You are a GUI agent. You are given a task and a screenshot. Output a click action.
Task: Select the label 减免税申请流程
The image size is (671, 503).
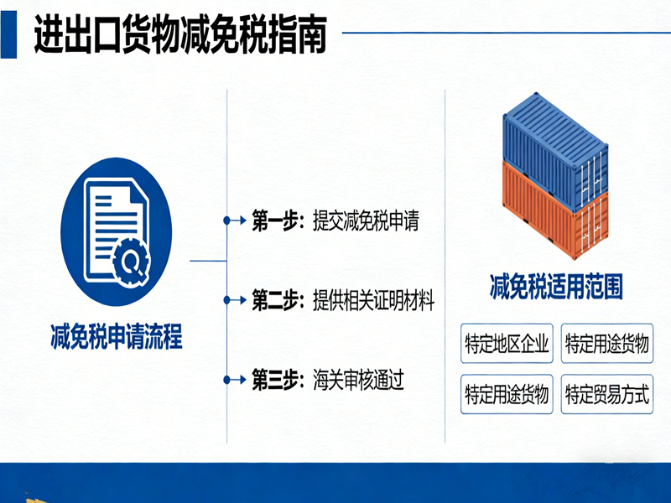(x=116, y=339)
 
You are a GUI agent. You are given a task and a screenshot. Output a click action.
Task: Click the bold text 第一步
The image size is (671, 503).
(x=274, y=221)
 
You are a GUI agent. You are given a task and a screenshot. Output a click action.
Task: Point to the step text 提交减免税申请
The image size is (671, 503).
(x=364, y=221)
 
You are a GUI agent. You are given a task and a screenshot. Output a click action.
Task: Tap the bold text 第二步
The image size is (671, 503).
(x=274, y=300)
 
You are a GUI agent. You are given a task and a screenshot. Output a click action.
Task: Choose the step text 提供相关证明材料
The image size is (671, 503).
(x=373, y=300)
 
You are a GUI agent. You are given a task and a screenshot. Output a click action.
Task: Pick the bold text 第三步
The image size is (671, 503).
(x=274, y=380)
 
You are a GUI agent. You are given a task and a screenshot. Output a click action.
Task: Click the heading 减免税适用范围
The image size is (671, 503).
(x=556, y=288)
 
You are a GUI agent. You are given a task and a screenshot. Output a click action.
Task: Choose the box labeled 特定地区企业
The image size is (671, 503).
(x=507, y=345)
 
